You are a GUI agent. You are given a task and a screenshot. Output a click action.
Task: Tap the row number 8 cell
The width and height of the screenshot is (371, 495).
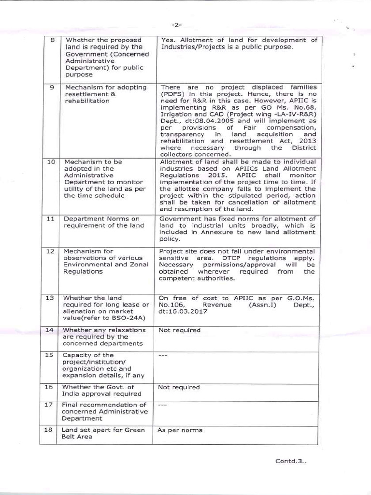pos(52,40)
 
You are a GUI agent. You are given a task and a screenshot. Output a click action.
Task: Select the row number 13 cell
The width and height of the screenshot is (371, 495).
pos(49,298)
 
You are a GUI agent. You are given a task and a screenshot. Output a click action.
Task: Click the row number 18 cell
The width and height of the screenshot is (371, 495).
pos(49,430)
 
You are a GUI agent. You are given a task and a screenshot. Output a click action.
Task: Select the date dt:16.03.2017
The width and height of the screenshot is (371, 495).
pos(184,312)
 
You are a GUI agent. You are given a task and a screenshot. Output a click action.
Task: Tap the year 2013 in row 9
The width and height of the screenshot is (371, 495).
pos(308,141)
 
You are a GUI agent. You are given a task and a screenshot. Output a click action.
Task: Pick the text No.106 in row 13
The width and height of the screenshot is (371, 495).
pos(169,305)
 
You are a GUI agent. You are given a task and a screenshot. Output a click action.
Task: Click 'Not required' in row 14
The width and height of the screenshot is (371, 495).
pos(179,330)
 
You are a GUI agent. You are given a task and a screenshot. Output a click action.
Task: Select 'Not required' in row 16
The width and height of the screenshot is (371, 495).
pos(179,387)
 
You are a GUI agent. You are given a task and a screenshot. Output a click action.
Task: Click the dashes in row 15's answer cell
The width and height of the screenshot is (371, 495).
pos(163,355)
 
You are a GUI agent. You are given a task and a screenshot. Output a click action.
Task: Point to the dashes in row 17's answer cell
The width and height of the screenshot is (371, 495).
pos(163,405)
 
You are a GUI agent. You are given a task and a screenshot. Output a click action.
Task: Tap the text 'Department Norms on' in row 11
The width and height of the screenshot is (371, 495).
pos(95,218)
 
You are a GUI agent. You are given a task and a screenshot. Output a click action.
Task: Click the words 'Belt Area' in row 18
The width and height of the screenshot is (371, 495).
pos(77,437)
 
